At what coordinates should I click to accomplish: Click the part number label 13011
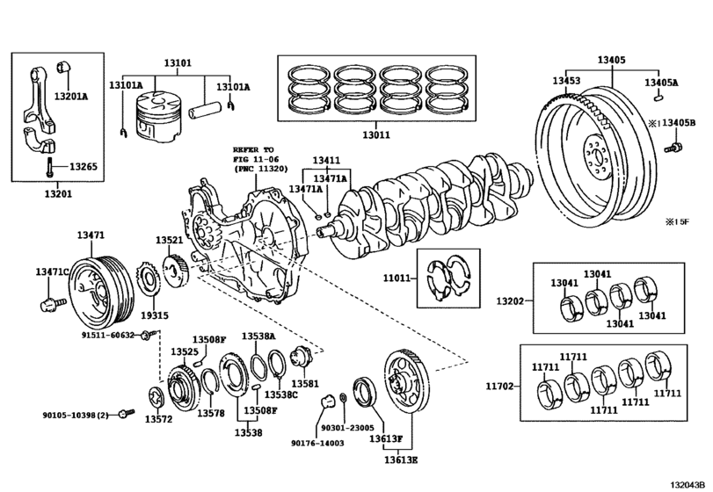(376, 135)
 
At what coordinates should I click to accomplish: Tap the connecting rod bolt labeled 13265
(49, 167)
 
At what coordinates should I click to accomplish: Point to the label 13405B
(679, 122)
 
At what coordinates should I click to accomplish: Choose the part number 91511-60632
(108, 335)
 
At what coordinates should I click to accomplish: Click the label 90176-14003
(317, 443)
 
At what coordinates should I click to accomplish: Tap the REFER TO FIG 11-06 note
(260, 159)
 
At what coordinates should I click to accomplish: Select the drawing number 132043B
(688, 484)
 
